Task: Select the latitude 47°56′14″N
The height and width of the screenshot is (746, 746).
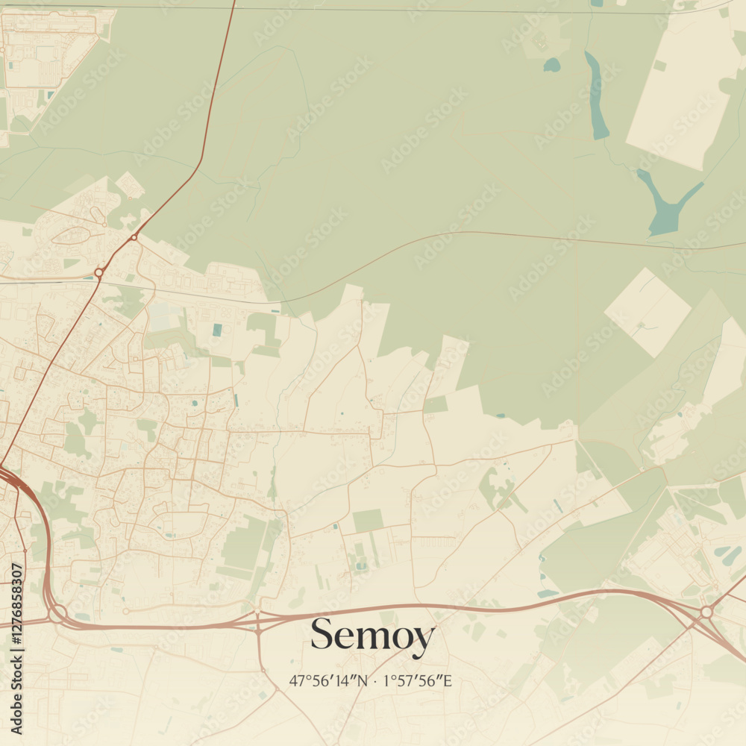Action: pyautogui.click(x=329, y=680)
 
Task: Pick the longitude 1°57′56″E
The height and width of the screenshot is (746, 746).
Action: pyautogui.click(x=417, y=680)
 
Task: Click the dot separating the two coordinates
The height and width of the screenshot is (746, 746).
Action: pyautogui.click(x=375, y=680)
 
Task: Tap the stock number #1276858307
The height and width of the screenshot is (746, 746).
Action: pyautogui.click(x=16, y=647)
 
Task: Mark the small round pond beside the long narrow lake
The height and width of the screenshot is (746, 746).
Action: pyautogui.click(x=551, y=66)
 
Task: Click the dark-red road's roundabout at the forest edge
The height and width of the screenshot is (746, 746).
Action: pyautogui.click(x=134, y=237)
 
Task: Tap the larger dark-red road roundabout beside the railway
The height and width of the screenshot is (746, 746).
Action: pyautogui.click(x=98, y=274)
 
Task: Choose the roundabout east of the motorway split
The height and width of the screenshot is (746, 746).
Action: pyautogui.click(x=706, y=612)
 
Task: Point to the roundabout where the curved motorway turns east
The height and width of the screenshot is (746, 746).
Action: pyautogui.click(x=57, y=613)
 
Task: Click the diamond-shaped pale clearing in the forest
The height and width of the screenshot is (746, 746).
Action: pyautogui.click(x=648, y=312)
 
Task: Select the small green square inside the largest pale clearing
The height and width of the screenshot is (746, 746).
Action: pyautogui.click(x=659, y=66)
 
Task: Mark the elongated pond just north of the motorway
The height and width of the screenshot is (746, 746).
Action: pyautogui.click(x=548, y=593)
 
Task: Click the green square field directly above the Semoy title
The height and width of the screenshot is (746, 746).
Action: pyautogui.click(x=368, y=521)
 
